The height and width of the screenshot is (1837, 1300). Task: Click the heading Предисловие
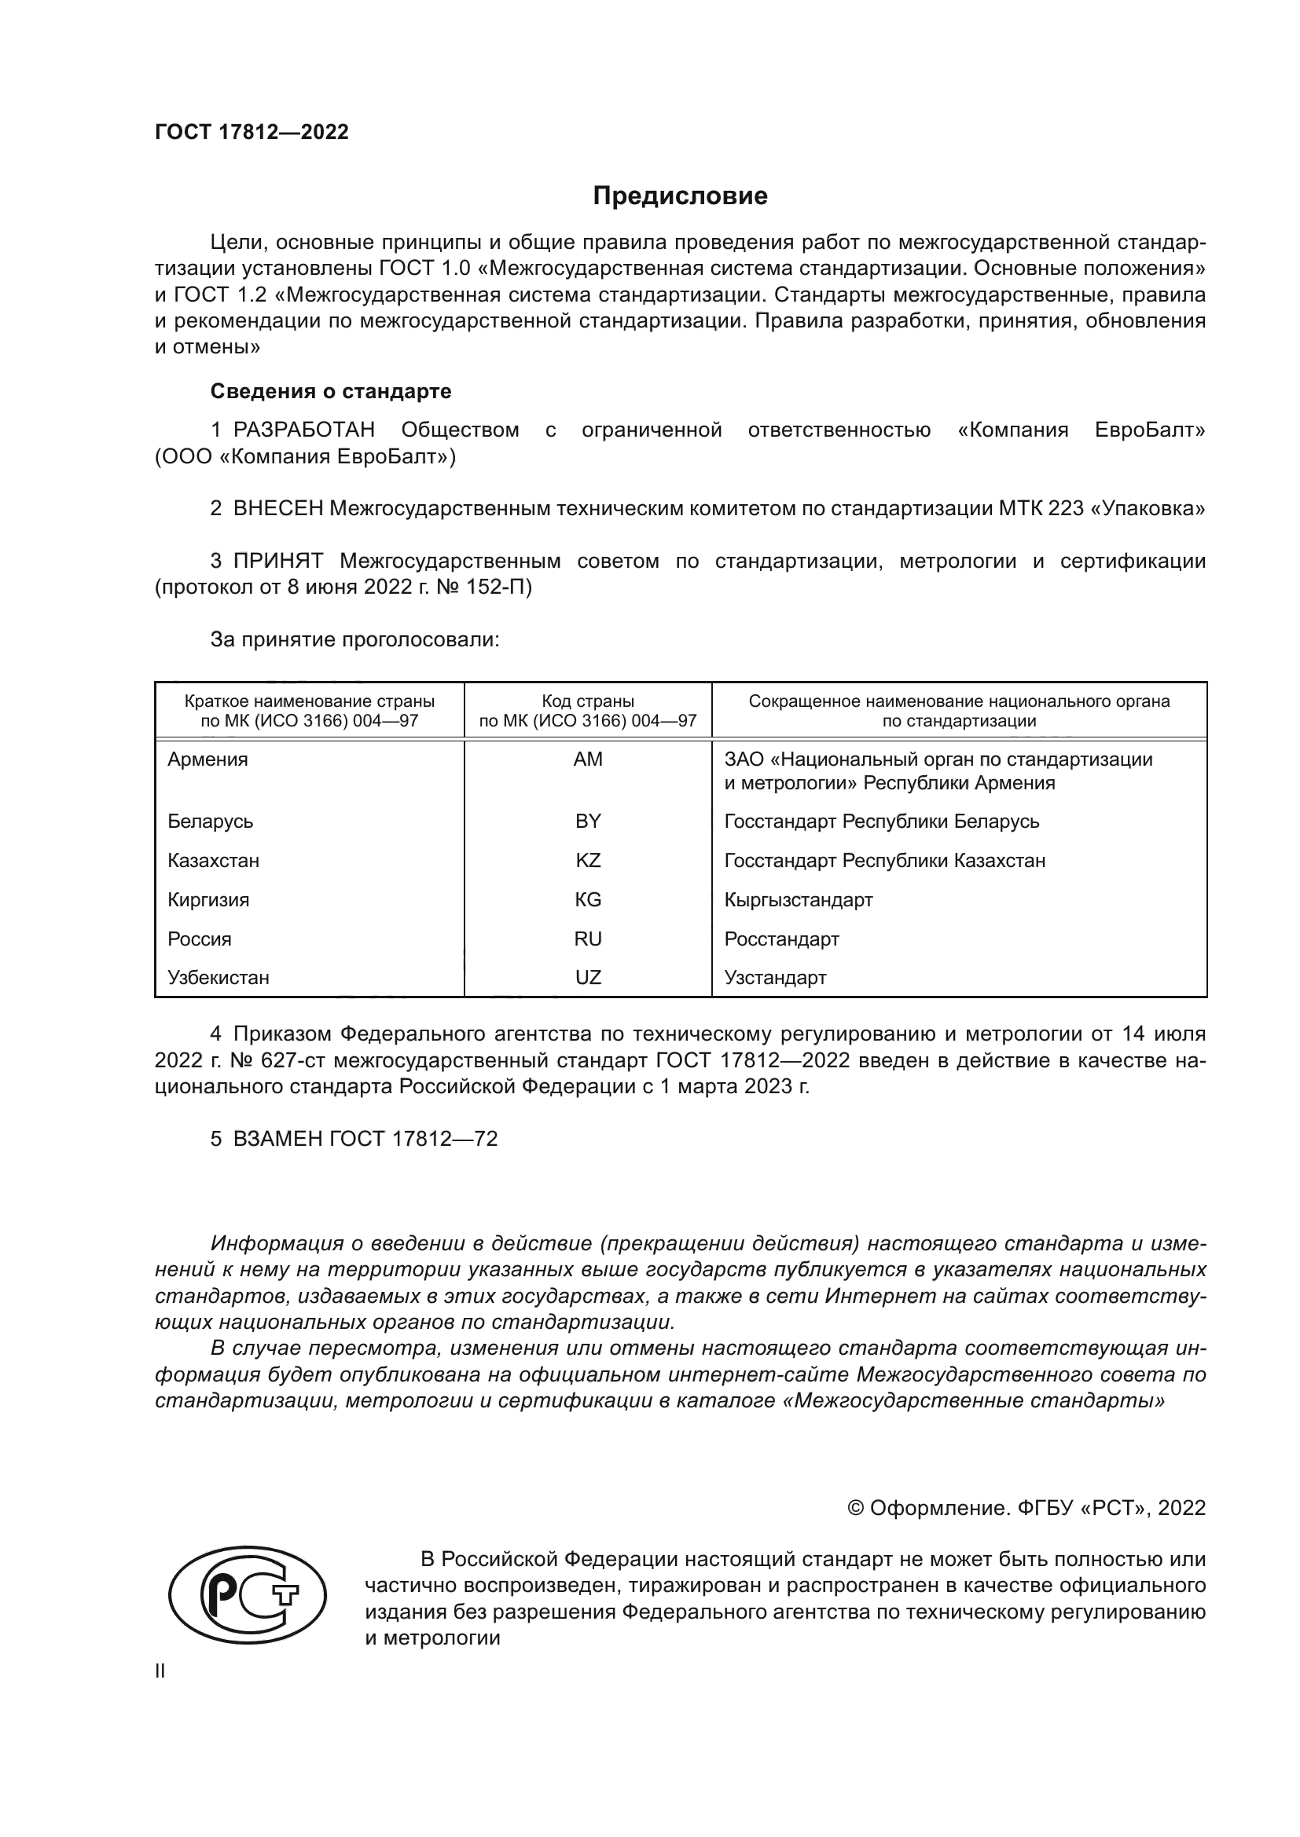tap(680, 196)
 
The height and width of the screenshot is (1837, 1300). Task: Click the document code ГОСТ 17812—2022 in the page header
tap(252, 132)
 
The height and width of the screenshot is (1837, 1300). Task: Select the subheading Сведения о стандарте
tap(331, 391)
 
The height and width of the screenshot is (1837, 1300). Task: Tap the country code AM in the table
tap(588, 759)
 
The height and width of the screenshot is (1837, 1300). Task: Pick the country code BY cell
tap(588, 821)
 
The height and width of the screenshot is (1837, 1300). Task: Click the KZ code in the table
tap(588, 860)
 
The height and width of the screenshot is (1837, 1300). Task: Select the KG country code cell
tap(588, 899)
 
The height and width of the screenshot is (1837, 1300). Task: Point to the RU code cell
tap(588, 939)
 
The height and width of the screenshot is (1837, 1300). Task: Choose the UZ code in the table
tap(588, 977)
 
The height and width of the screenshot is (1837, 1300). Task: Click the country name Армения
tap(207, 759)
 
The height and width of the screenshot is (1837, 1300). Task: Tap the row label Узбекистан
tap(218, 977)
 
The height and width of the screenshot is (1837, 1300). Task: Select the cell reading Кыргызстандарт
tap(798, 899)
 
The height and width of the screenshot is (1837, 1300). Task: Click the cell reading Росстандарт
tap(781, 939)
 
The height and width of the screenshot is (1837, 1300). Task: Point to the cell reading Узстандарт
tap(775, 977)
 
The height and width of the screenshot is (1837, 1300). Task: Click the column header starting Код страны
tap(588, 711)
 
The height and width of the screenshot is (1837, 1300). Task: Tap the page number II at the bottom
tap(160, 1670)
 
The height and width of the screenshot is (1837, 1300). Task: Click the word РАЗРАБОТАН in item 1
tap(303, 430)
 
